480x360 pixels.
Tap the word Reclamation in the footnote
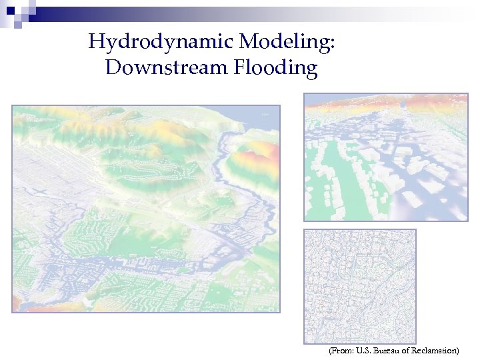433,350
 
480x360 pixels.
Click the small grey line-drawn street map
360,287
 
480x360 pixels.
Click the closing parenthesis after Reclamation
457,350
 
